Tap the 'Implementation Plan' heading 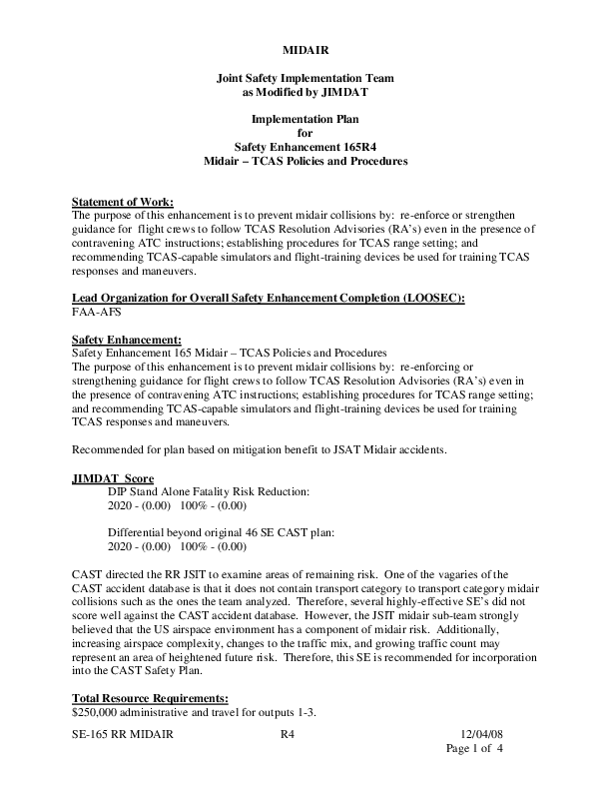tap(305, 119)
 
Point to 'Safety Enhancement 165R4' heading tap(305, 147)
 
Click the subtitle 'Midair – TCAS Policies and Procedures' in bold tap(305, 161)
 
